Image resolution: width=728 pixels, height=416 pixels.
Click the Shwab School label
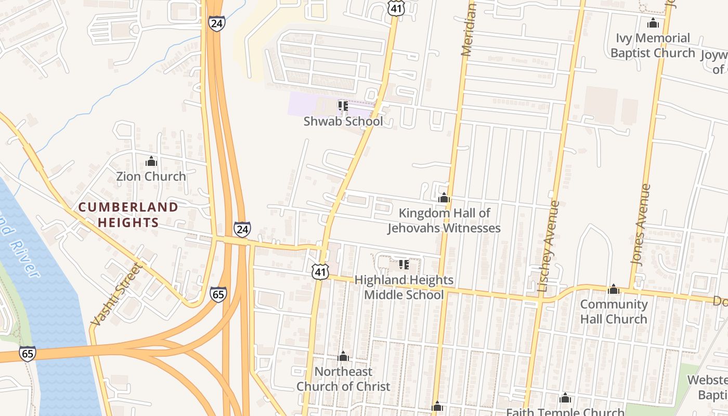tap(343, 122)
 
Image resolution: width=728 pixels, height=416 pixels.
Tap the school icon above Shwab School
tap(343, 107)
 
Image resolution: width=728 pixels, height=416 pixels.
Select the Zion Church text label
tap(151, 176)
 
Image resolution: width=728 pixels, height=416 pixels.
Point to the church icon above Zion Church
tap(151, 162)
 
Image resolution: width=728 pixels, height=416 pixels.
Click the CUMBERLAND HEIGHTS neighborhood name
tap(128, 215)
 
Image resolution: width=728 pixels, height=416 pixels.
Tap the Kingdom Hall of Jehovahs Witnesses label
tap(444, 220)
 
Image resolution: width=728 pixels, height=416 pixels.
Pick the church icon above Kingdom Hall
tap(444, 198)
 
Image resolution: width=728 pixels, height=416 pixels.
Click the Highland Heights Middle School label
tap(404, 287)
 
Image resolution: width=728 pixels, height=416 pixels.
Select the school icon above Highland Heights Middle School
tap(404, 265)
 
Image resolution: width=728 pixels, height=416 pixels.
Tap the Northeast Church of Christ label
tap(343, 379)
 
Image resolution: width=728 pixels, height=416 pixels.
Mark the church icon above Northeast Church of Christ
tap(343, 357)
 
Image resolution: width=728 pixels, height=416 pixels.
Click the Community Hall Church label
tap(614, 311)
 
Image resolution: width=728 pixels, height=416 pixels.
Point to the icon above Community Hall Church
tap(614, 290)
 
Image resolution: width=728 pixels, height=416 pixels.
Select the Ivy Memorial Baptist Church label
tap(653, 45)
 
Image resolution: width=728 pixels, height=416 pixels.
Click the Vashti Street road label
tap(115, 295)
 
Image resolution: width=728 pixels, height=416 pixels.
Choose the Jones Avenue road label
tap(641, 225)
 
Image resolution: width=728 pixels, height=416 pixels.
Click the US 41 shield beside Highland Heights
tap(320, 271)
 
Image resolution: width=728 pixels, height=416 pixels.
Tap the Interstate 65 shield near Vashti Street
tap(218, 294)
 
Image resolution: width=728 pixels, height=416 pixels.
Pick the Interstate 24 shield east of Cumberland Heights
tap(242, 229)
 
